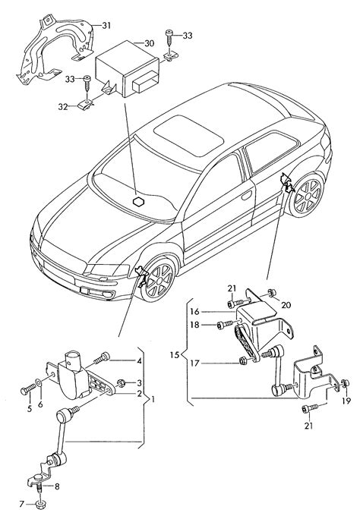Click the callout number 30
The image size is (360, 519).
click(149, 43)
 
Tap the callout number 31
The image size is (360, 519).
click(106, 26)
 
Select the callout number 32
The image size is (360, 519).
click(63, 107)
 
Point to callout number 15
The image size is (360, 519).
click(175, 355)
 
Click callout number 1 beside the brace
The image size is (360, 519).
click(153, 399)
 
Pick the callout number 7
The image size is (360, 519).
click(22, 505)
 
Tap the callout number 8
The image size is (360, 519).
click(57, 486)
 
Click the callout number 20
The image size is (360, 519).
click(286, 304)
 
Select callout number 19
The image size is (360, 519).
click(346, 401)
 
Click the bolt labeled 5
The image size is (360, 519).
click(28, 390)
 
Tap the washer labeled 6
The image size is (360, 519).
click(39, 383)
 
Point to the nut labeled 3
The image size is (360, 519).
click(121, 383)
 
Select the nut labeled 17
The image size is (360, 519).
click(243, 360)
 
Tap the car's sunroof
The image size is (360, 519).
click(188, 135)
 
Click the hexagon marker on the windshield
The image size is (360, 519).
click(138, 201)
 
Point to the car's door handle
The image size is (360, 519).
click(246, 195)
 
